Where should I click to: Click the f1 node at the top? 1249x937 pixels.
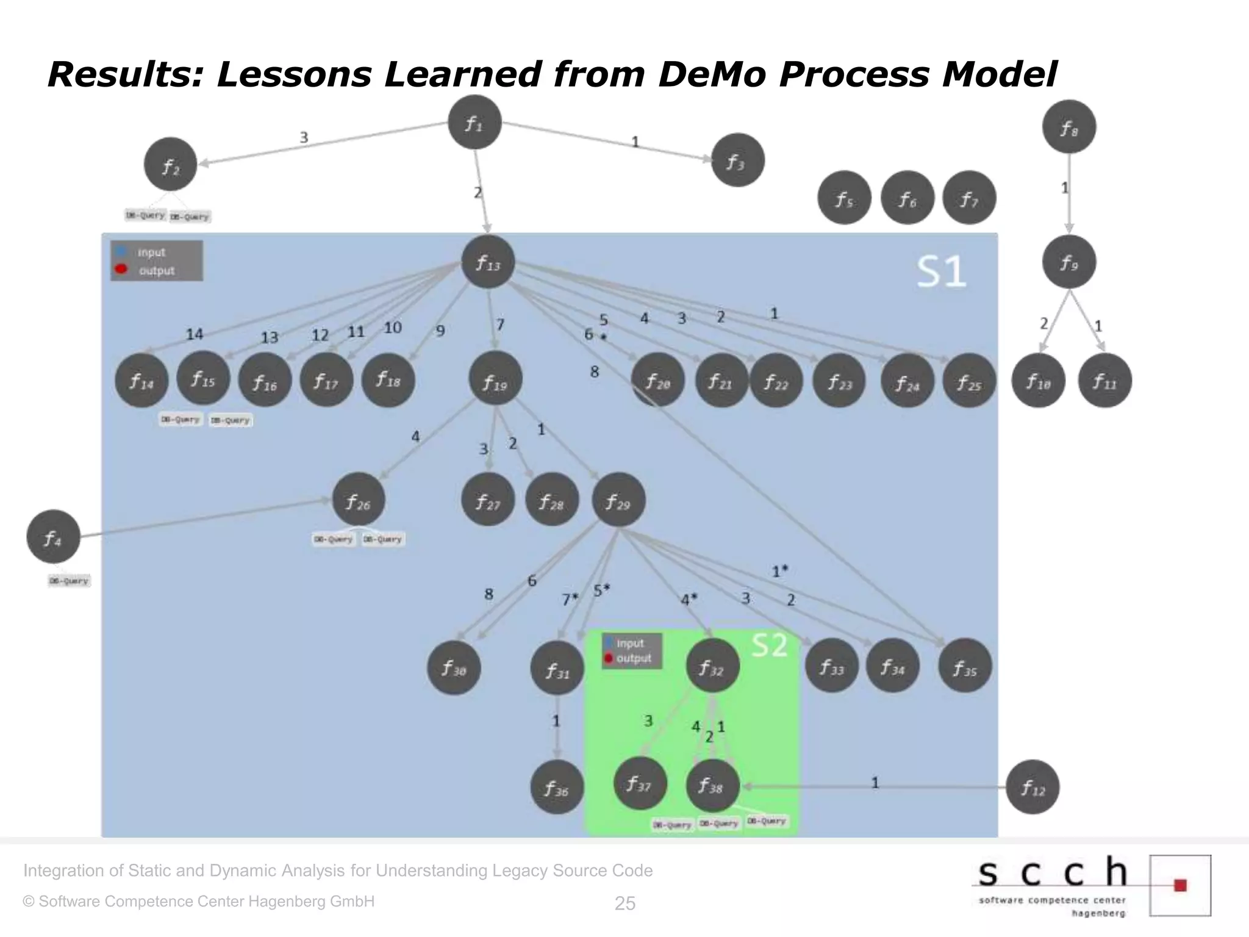474,122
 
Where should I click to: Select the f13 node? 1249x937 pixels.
488,262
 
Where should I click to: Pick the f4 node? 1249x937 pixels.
53,537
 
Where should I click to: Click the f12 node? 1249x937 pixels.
1032,787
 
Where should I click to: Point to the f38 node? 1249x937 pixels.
712,785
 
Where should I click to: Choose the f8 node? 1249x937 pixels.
1068,127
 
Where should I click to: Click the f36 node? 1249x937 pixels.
557,788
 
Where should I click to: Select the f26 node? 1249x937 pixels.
359,500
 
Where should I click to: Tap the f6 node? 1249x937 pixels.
907,198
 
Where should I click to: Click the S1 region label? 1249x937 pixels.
942,272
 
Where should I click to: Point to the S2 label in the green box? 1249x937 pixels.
769,645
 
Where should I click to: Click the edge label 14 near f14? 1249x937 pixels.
194,334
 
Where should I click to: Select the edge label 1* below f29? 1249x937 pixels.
780,572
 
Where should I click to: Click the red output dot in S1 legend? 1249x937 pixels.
121,269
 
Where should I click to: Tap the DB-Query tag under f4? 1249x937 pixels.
69,581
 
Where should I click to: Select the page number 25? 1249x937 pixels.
624,903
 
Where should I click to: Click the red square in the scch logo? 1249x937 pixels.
1180,885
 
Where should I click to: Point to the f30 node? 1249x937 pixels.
454,668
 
